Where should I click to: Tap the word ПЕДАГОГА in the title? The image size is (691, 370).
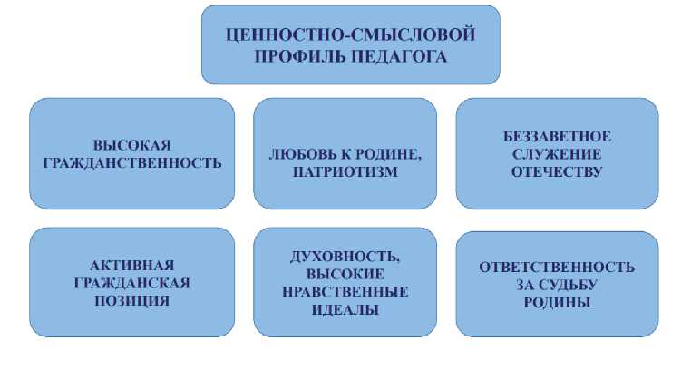393,56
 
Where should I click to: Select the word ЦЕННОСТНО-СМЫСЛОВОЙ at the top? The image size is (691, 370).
350,36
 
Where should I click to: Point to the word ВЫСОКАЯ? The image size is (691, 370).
131,145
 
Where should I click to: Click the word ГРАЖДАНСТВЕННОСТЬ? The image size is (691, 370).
131,163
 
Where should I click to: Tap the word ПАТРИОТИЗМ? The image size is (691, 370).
345,171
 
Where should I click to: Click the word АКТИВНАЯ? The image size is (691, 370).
131,265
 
